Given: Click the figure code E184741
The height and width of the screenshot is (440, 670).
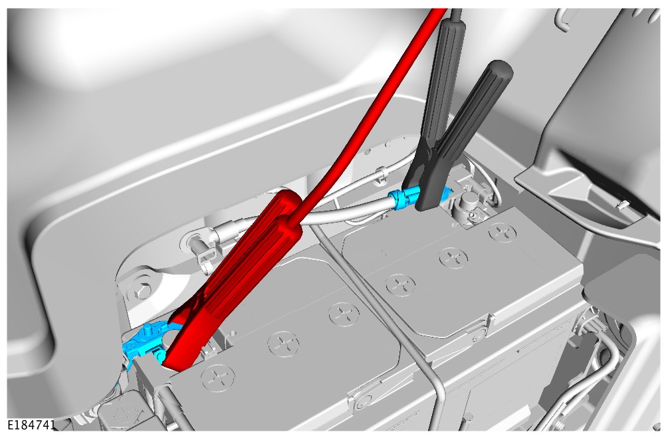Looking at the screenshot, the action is tap(31, 425).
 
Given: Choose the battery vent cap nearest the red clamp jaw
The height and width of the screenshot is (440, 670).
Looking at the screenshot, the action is tap(218, 378).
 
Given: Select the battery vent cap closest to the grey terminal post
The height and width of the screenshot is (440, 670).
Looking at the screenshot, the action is tap(502, 233).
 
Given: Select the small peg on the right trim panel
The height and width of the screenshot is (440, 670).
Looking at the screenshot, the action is tap(621, 204).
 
